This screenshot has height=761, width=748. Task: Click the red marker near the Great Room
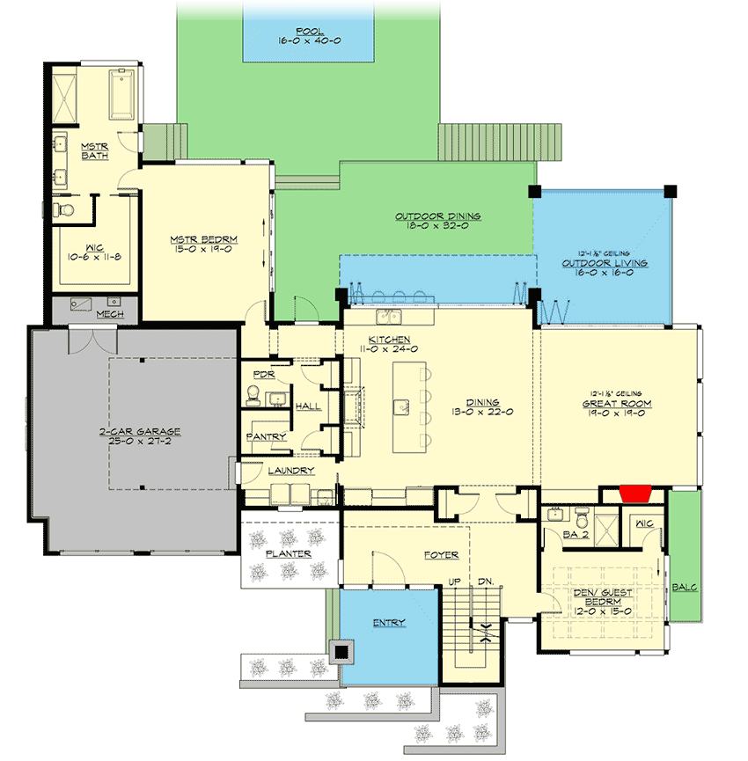click(x=634, y=494)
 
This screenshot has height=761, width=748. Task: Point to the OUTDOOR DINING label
click(x=437, y=216)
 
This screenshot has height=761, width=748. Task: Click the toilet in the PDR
click(x=253, y=397)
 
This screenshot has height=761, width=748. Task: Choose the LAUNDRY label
click(x=290, y=471)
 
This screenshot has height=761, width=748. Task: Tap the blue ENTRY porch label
click(x=389, y=623)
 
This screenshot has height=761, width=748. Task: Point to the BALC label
click(x=686, y=587)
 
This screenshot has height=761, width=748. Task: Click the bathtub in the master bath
click(x=121, y=94)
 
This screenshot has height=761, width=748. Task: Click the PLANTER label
click(x=289, y=554)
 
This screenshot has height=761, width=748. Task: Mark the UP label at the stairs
click(x=455, y=582)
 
